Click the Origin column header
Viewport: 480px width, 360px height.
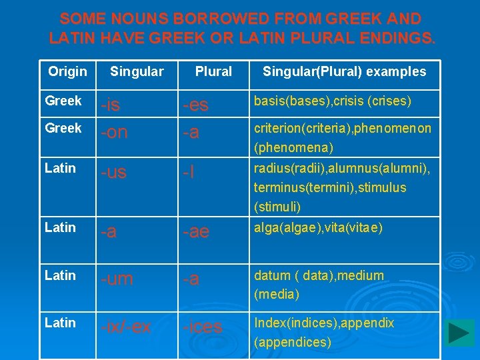point(67,71)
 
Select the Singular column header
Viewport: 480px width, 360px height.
point(137,71)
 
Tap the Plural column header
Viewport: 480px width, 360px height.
point(213,71)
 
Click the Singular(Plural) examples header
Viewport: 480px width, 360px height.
point(344,71)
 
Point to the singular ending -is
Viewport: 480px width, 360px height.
point(111,105)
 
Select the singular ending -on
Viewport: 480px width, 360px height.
point(114,132)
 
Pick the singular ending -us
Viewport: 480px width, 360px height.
point(114,173)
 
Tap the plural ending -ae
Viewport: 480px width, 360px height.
point(197,231)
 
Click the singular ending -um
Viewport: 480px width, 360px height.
point(119,279)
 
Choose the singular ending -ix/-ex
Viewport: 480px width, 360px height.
point(125,327)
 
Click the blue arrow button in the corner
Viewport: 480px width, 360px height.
point(460,333)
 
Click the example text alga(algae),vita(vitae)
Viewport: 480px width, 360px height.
point(318,228)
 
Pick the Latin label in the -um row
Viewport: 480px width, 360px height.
point(60,275)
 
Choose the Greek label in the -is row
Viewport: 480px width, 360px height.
point(63,101)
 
